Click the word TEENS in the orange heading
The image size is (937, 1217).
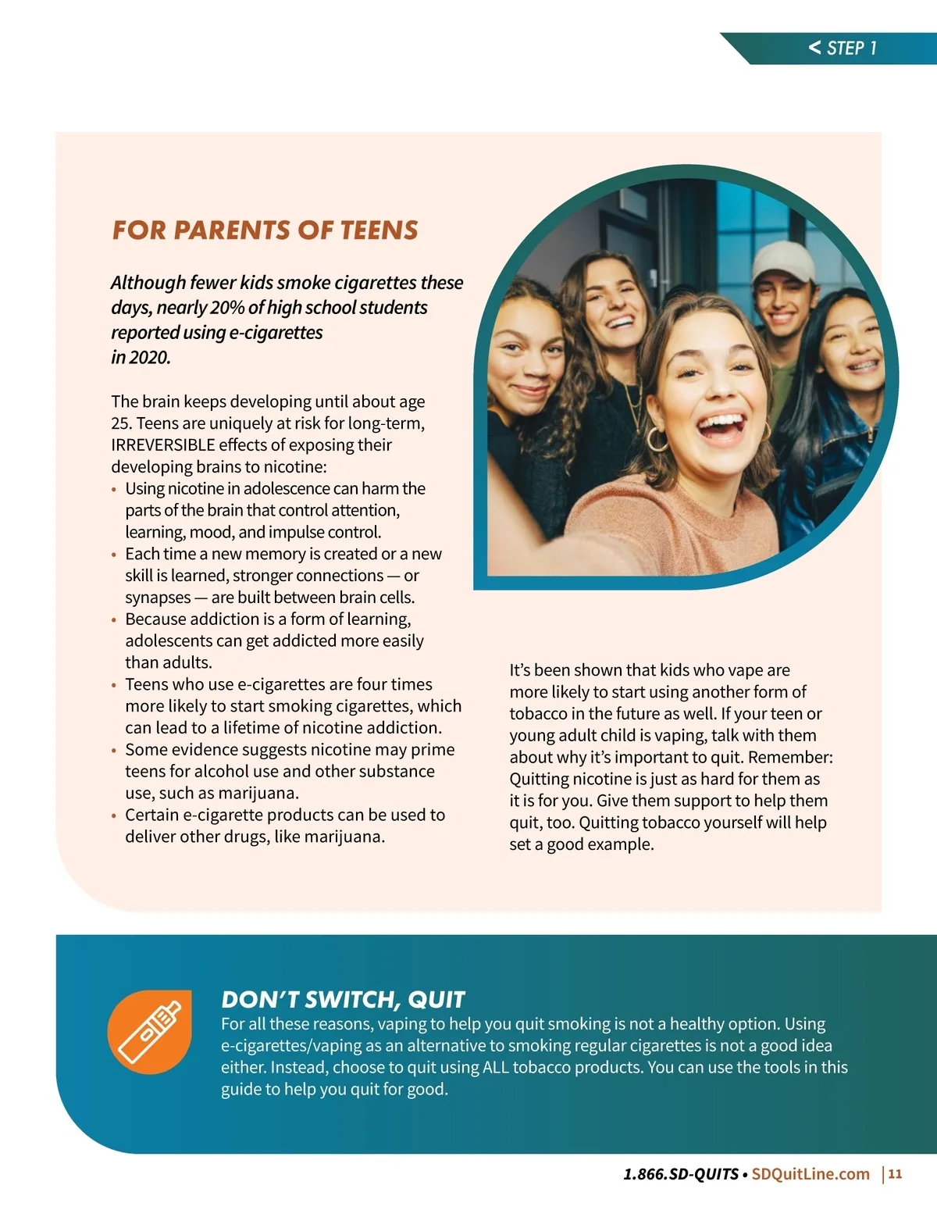point(379,230)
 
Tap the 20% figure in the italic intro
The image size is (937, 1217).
point(227,308)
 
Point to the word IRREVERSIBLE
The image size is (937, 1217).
point(162,445)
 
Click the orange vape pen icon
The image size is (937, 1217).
point(149,1032)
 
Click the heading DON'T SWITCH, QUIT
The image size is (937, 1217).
point(343,1000)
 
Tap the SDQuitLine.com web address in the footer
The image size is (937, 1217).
point(811,1174)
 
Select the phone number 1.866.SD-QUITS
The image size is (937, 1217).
point(681,1174)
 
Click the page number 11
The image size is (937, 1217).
point(895,1174)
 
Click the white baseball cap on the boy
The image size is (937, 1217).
point(782,259)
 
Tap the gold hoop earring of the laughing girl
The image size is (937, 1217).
point(657,439)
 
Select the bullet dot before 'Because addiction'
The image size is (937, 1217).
point(114,620)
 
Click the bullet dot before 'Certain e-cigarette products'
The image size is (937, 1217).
point(114,816)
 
